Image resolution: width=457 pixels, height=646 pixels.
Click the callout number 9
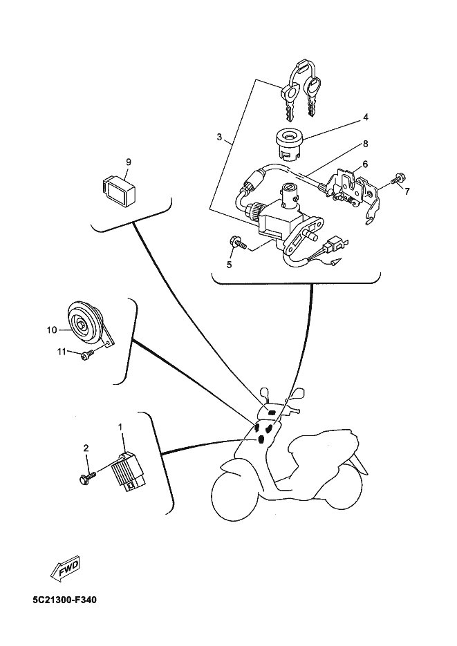click(128, 162)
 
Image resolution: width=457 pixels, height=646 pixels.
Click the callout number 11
click(62, 352)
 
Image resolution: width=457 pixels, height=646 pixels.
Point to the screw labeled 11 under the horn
click(88, 354)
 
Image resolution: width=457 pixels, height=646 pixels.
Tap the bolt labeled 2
click(87, 477)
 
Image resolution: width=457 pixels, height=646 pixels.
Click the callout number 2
click(86, 448)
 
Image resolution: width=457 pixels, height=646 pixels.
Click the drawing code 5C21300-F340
click(65, 600)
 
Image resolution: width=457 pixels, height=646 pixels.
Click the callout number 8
click(366, 144)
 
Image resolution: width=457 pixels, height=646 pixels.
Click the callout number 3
click(219, 137)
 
